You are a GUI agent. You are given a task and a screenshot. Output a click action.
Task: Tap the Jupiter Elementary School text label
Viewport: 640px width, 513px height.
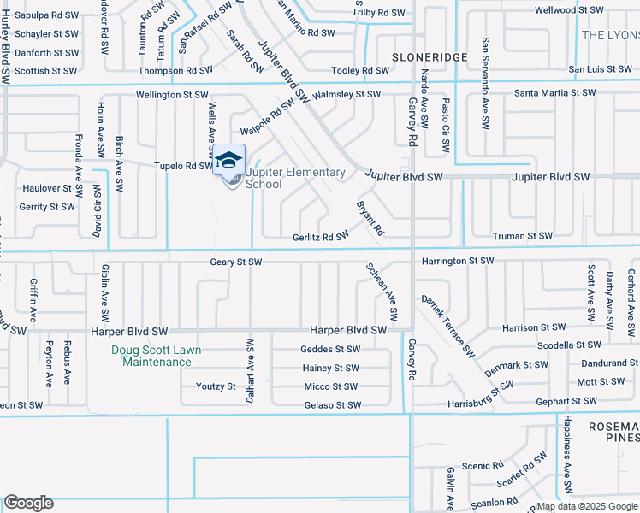[x=295, y=178]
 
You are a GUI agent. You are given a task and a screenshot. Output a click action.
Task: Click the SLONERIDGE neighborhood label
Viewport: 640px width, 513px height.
[x=430, y=56]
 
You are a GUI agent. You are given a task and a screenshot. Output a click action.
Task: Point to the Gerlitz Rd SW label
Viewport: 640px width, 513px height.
[x=321, y=236]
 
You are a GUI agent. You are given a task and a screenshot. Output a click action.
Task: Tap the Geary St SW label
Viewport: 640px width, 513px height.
[x=235, y=262]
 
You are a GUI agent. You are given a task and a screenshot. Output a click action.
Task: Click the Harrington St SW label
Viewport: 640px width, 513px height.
[x=457, y=260]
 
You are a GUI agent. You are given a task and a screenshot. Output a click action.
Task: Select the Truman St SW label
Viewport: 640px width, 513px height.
[x=522, y=235]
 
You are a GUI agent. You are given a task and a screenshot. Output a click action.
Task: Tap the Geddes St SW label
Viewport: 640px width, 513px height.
[x=330, y=349]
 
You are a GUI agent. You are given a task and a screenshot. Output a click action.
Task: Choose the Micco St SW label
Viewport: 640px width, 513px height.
[x=330, y=386]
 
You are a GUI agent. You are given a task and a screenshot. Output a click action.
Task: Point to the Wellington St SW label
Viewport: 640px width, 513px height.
[x=171, y=95]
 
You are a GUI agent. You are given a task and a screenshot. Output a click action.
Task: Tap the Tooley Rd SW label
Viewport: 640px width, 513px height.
[x=361, y=70]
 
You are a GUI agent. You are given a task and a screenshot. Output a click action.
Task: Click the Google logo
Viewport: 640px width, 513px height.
[x=28, y=504]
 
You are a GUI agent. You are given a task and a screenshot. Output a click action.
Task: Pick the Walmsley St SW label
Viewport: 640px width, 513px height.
[x=347, y=94]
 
